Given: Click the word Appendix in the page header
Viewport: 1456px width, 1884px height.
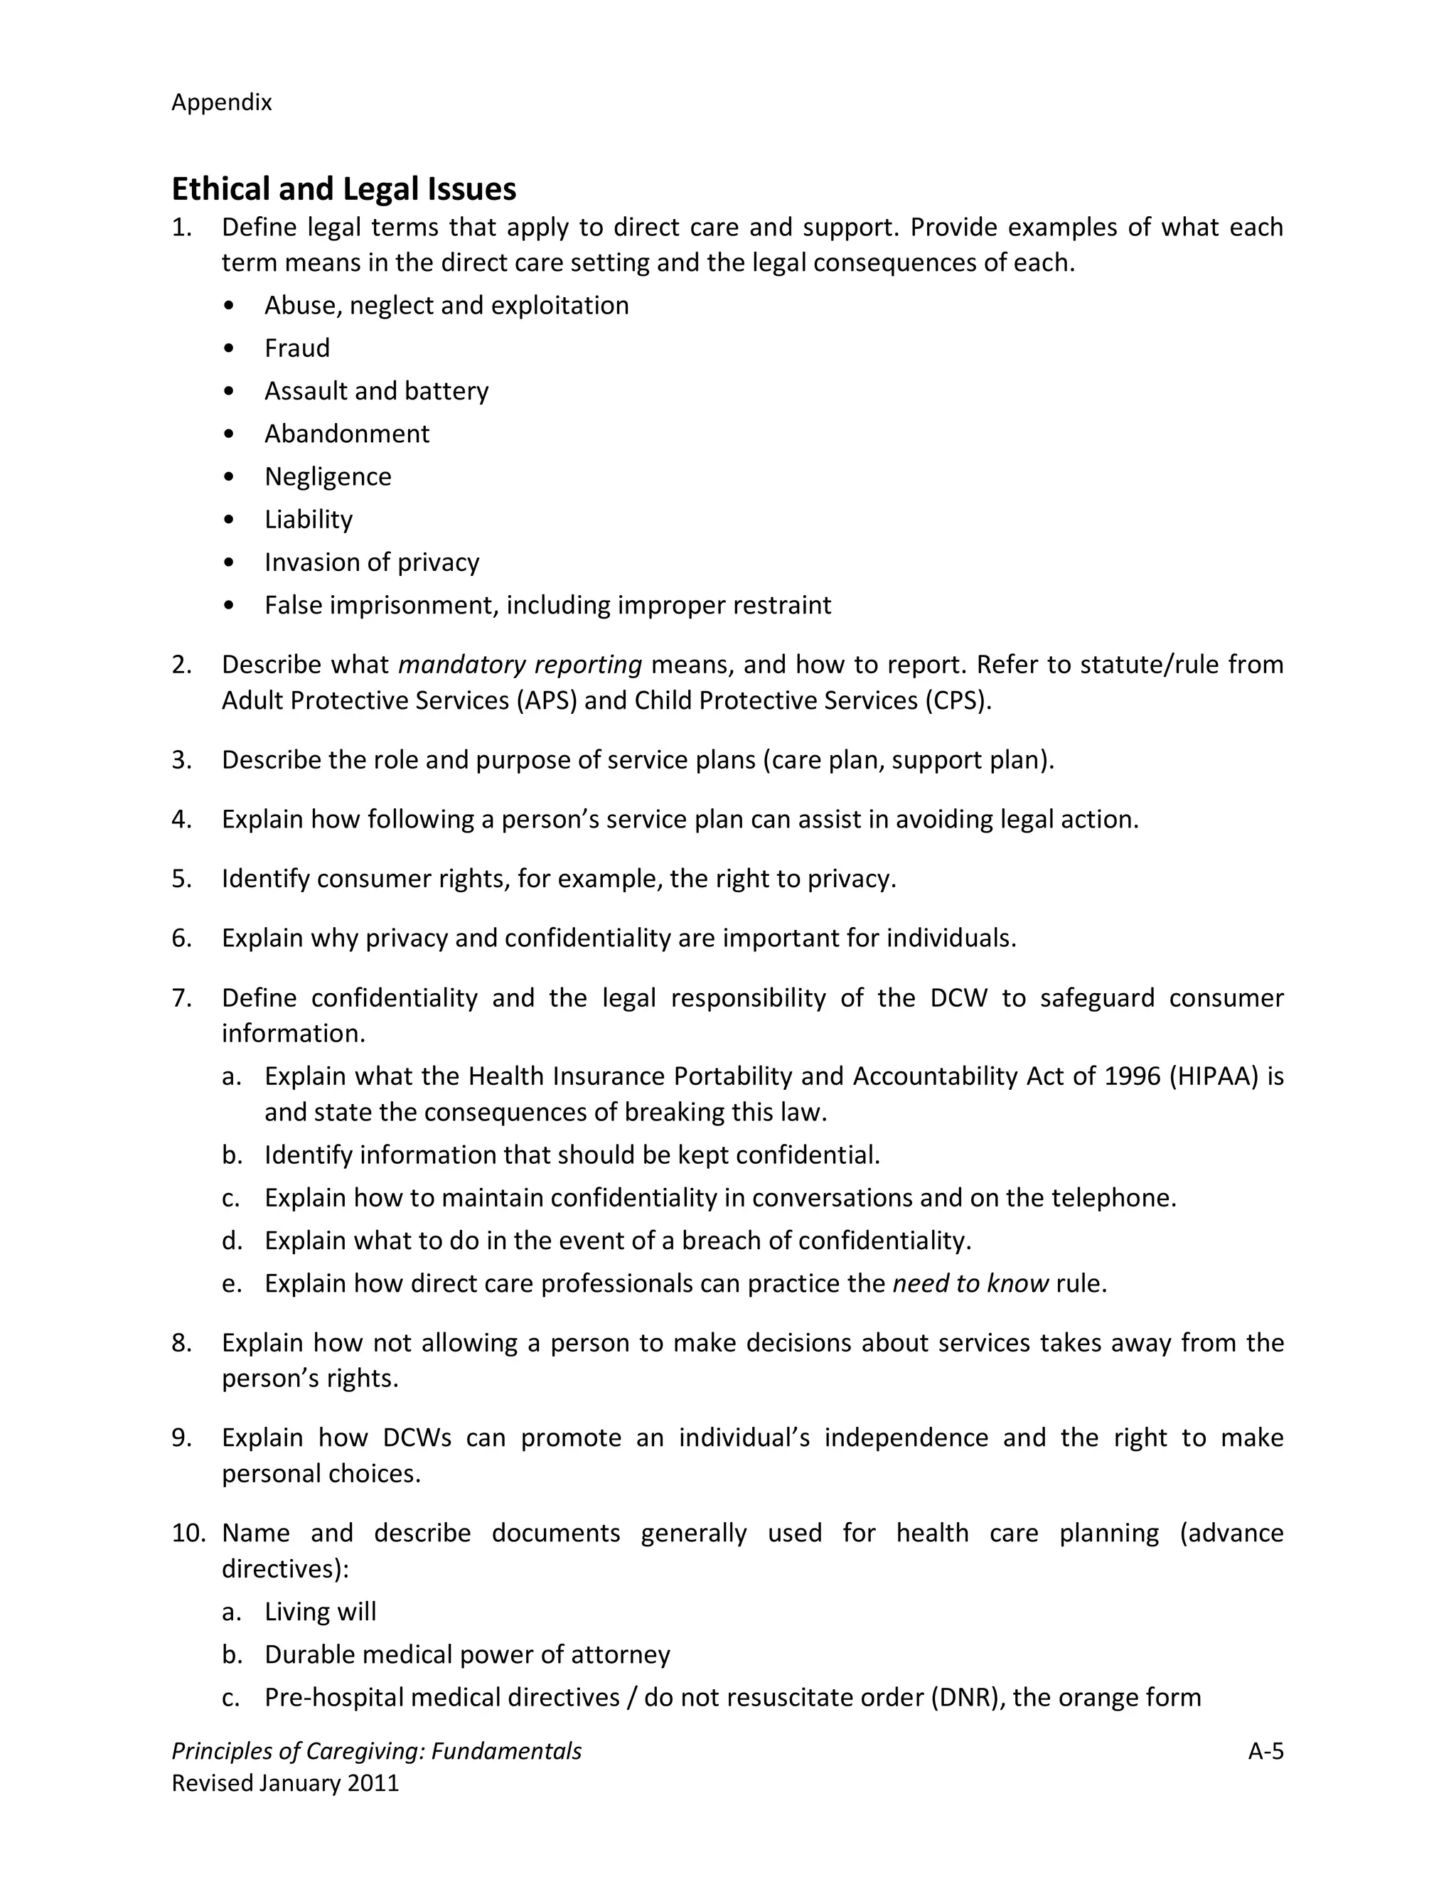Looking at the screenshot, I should point(222,102).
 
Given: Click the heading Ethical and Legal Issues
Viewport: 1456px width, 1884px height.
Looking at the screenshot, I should point(343,189).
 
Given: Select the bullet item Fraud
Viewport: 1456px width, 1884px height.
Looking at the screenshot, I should point(296,348).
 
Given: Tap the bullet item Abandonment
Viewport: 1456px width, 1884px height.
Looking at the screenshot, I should point(346,433).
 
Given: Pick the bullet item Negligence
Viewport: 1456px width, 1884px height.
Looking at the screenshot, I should point(328,476).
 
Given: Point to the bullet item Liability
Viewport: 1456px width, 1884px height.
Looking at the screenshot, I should point(308,519).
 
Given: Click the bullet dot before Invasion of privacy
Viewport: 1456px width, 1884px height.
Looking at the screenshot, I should point(227,562).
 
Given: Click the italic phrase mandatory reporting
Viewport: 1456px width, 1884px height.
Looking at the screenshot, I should point(520,664).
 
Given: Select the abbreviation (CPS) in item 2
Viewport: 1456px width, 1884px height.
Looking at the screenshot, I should point(958,700).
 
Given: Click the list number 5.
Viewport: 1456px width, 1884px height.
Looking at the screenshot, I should point(181,878).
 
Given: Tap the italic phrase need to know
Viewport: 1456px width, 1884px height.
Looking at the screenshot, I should point(970,1283).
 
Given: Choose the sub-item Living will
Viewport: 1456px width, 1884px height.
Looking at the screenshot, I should point(320,1612).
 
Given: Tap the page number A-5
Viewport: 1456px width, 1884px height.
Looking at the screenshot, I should point(1265,1751).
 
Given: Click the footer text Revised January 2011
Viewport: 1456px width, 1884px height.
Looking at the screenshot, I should point(286,1783).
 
